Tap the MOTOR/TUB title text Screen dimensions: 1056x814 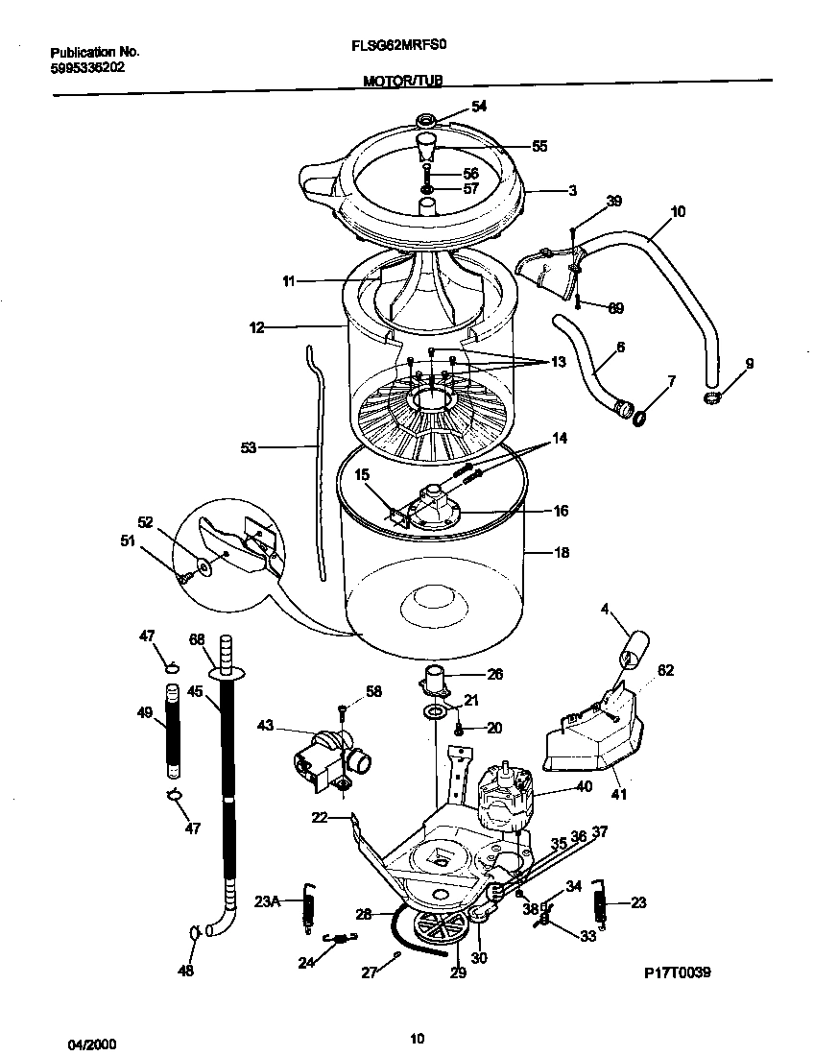pyautogui.click(x=403, y=83)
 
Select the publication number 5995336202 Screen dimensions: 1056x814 pyautogui.click(x=85, y=68)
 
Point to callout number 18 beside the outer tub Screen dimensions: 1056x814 pyautogui.click(x=562, y=553)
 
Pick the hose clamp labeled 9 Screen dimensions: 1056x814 pyautogui.click(x=711, y=397)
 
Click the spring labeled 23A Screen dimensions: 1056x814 pyautogui.click(x=308, y=906)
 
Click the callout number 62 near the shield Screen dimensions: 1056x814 pyautogui.click(x=665, y=671)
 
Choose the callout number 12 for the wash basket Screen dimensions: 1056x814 pyautogui.click(x=256, y=327)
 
